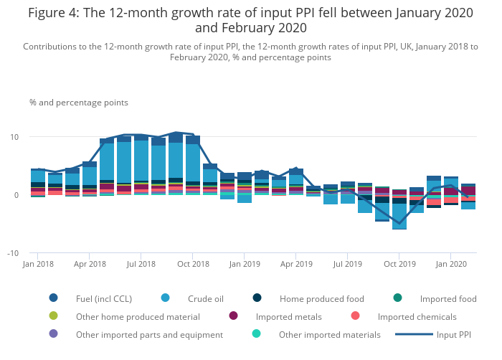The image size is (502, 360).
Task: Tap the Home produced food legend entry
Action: tap(321, 298)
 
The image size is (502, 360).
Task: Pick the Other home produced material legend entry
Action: tap(137, 316)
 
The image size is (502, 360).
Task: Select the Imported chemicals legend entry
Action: tap(416, 316)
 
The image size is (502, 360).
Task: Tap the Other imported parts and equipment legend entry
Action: tap(149, 334)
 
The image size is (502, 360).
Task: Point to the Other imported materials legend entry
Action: tap(329, 334)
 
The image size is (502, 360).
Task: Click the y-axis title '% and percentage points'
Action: tap(79, 103)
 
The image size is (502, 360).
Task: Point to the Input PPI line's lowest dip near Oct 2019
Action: tap(399, 224)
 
